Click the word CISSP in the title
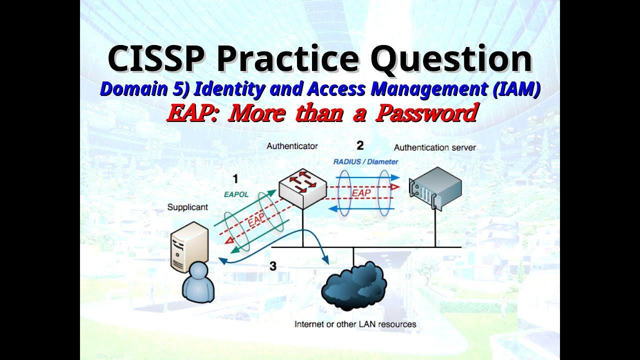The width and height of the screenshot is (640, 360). (x=156, y=58)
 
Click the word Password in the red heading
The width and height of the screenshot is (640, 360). (x=426, y=113)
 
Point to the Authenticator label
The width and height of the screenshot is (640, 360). (x=292, y=146)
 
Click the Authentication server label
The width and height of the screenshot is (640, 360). (x=434, y=147)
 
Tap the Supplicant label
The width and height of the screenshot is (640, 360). (x=187, y=207)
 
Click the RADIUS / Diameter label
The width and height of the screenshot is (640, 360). (x=365, y=161)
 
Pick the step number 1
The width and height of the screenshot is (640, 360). (x=235, y=179)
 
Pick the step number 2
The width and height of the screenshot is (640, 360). (x=360, y=146)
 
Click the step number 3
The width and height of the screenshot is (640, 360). (x=272, y=266)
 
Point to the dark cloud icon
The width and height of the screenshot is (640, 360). (x=353, y=288)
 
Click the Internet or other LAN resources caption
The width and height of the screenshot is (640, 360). (x=355, y=324)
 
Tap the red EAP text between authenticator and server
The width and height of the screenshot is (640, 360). (x=361, y=192)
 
